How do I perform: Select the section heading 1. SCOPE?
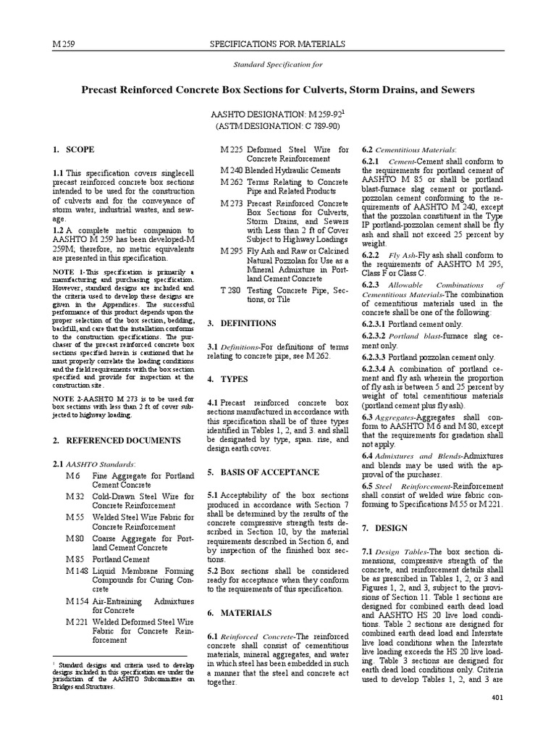click(73, 150)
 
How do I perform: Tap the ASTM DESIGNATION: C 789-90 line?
click(277, 127)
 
